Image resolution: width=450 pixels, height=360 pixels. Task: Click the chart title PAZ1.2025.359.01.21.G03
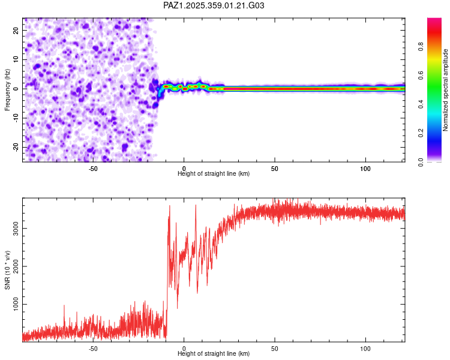click(x=214, y=5)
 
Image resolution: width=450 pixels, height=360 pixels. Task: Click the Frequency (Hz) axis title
click(x=7, y=89)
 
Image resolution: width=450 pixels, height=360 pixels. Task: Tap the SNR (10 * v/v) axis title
click(x=7, y=270)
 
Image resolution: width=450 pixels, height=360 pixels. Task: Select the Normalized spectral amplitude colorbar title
click(x=445, y=90)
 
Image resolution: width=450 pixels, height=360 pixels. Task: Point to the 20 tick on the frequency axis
click(x=16, y=30)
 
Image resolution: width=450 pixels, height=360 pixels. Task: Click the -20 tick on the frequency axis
click(x=15, y=147)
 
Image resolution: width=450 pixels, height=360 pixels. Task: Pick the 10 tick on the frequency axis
click(x=16, y=59)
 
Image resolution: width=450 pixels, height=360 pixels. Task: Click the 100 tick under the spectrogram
click(x=365, y=169)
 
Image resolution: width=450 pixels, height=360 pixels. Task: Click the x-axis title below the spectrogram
click(x=214, y=174)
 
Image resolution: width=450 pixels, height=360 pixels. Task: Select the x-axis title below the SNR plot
click(x=214, y=354)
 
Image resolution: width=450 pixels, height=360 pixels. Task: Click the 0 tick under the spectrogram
click(x=184, y=169)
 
